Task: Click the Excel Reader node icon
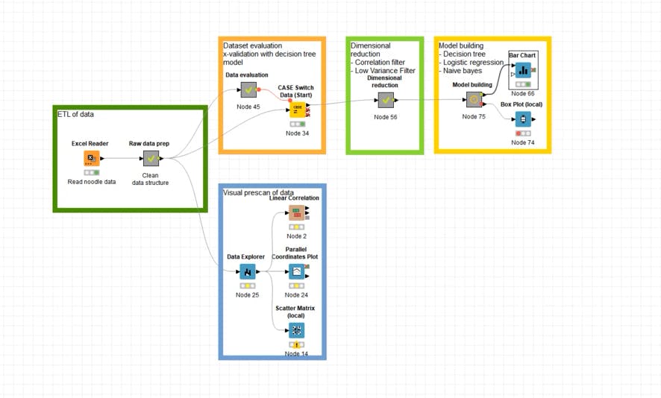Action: pyautogui.click(x=91, y=158)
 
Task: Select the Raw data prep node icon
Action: pyautogui.click(x=151, y=158)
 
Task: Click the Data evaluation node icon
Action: pyautogui.click(x=249, y=90)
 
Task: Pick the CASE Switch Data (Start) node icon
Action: pyautogui.click(x=296, y=109)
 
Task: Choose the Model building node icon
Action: pyautogui.click(x=473, y=100)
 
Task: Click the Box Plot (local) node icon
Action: pyautogui.click(x=523, y=119)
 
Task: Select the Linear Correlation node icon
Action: pyautogui.click(x=296, y=213)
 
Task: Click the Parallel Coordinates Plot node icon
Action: pyautogui.click(x=296, y=271)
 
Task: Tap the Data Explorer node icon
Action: pyautogui.click(x=248, y=272)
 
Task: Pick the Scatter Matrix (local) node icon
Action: pyautogui.click(x=296, y=330)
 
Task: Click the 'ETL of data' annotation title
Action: pyautogui.click(x=76, y=114)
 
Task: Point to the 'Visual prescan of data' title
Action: pyautogui.click(x=258, y=192)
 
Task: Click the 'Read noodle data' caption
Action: pyautogui.click(x=92, y=182)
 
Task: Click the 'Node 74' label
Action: pyautogui.click(x=523, y=142)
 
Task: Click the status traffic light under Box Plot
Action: pyautogui.click(x=523, y=133)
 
